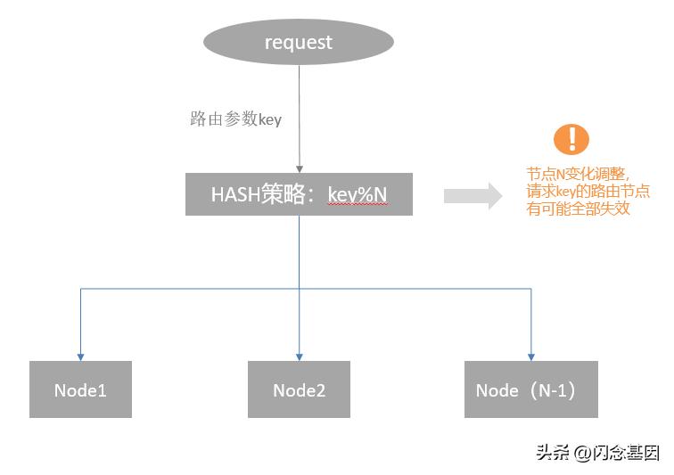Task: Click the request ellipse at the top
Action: tap(299, 42)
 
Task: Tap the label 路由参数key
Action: tap(235, 119)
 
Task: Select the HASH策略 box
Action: tap(299, 194)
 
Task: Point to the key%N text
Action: tap(358, 194)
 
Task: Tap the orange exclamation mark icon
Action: tap(571, 139)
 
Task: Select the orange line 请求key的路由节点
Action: tap(588, 191)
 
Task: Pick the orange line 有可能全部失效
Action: tap(579, 208)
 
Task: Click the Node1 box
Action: tap(80, 389)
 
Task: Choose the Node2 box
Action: tap(299, 389)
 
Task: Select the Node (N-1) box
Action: tap(531, 389)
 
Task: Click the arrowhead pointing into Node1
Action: tap(80, 356)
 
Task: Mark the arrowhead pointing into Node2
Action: tap(299, 356)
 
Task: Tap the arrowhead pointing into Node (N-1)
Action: tap(531, 356)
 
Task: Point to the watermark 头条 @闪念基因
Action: tap(597, 452)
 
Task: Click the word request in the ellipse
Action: tap(299, 42)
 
